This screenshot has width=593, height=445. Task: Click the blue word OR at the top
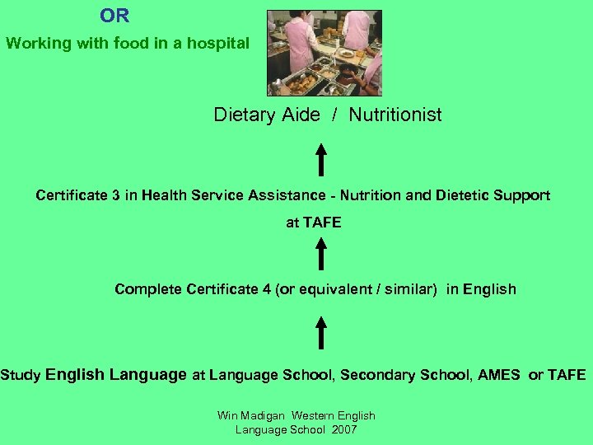click(114, 16)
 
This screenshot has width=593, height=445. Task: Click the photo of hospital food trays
click(325, 53)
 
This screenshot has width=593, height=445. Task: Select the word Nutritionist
click(395, 115)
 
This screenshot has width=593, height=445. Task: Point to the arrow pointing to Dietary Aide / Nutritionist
click(321, 159)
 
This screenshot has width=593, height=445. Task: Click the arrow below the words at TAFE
click(321, 253)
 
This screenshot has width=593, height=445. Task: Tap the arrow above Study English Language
click(321, 333)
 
